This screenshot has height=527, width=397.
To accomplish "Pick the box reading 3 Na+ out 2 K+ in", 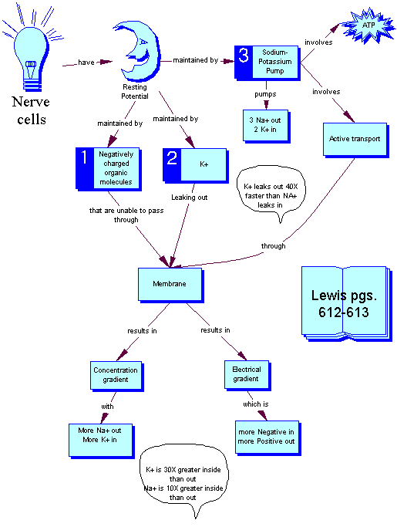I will pyautogui.click(x=269, y=122).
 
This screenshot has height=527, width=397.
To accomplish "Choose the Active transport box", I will pyautogui.click(x=345, y=139).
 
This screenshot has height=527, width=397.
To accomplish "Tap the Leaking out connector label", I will pyautogui.click(x=187, y=197).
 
